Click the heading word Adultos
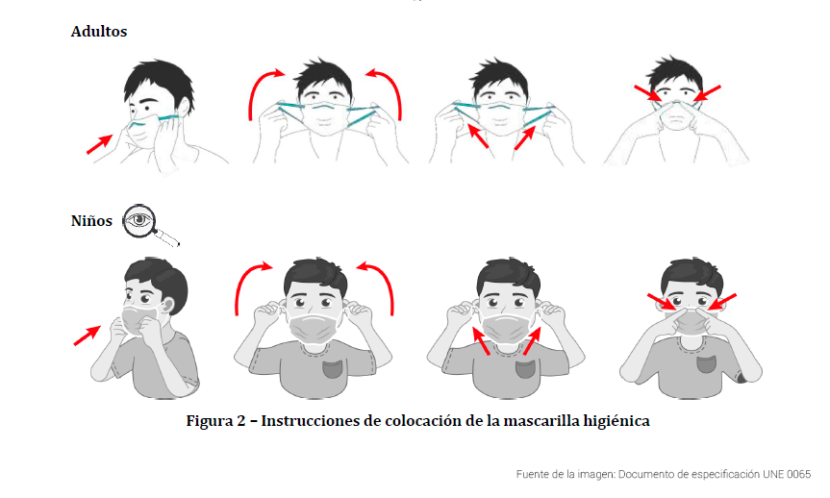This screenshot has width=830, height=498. tap(99, 31)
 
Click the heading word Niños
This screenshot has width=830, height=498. tap(91, 221)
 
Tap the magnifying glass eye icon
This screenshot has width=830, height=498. tap(150, 224)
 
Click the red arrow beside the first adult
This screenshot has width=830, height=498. tap(99, 144)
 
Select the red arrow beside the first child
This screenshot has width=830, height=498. tap(88, 336)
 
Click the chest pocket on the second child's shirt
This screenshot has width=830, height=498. tap(333, 367)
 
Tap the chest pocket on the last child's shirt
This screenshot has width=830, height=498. tap(707, 364)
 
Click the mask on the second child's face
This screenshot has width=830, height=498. tap(314, 328)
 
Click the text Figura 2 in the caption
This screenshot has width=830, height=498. tap(216, 421)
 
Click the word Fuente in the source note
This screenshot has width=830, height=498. tap(532, 474)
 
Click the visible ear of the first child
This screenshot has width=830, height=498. tap(167, 307)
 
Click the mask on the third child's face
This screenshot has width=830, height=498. tap(507, 328)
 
